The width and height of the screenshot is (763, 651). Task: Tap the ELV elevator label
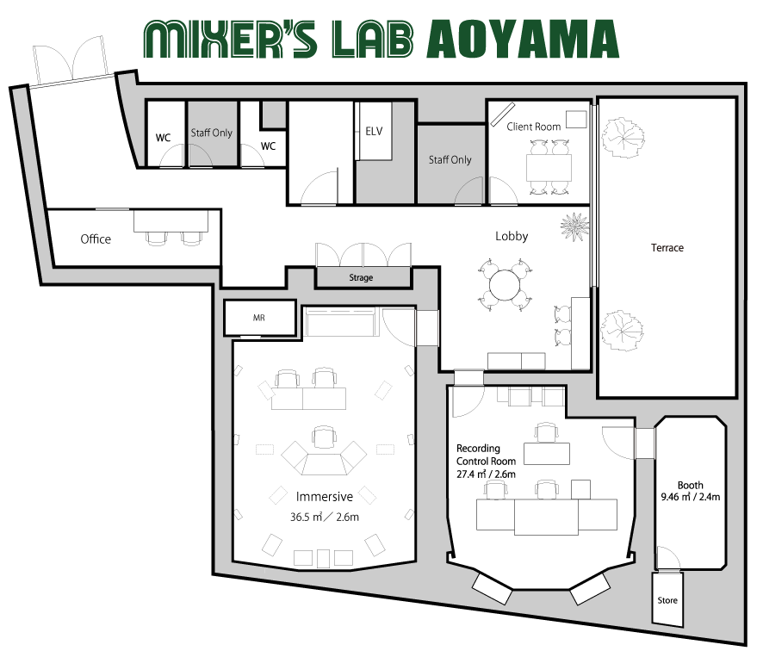pyautogui.click(x=374, y=131)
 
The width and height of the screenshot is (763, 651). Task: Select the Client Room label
pyautogui.click(x=533, y=127)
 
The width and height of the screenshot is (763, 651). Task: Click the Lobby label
pyautogui.click(x=512, y=236)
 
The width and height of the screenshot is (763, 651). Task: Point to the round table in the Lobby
pyautogui.click(x=505, y=285)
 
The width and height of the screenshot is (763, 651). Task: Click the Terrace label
pyautogui.click(x=667, y=248)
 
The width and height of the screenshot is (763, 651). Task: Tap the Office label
pyautogui.click(x=96, y=239)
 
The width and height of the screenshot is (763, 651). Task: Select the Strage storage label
pyautogui.click(x=361, y=277)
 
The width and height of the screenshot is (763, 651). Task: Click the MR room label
pyautogui.click(x=259, y=318)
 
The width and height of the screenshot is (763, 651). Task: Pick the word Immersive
pyautogui.click(x=325, y=496)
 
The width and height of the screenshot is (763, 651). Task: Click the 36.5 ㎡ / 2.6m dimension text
pyautogui.click(x=325, y=517)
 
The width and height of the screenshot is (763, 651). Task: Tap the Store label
pyautogui.click(x=667, y=600)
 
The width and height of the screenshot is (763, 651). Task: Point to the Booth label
pyautogui.click(x=690, y=485)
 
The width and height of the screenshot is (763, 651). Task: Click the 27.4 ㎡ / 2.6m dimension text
pyautogui.click(x=486, y=474)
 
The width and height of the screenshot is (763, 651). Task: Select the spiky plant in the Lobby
pyautogui.click(x=574, y=226)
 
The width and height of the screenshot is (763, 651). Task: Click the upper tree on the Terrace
pyautogui.click(x=623, y=138)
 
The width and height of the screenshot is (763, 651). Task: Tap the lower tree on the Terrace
pyautogui.click(x=622, y=331)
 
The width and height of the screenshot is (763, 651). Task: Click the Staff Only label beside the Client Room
pyautogui.click(x=450, y=159)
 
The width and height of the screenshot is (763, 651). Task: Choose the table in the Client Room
pyautogui.click(x=549, y=167)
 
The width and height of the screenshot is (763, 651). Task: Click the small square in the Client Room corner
pyautogui.click(x=576, y=119)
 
